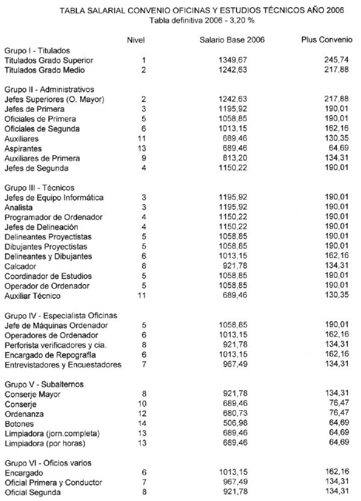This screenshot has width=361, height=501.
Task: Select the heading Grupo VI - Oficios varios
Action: tap(45, 463)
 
